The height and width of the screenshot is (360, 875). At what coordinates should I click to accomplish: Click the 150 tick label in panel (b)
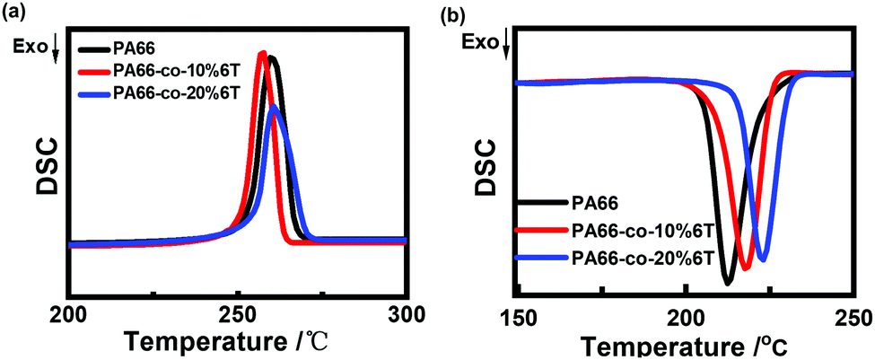(519, 317)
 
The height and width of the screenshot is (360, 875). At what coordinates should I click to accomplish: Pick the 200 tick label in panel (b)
(686, 317)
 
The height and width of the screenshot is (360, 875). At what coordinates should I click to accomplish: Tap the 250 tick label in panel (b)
(850, 317)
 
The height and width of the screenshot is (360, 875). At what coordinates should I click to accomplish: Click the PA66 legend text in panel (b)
(597, 205)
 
